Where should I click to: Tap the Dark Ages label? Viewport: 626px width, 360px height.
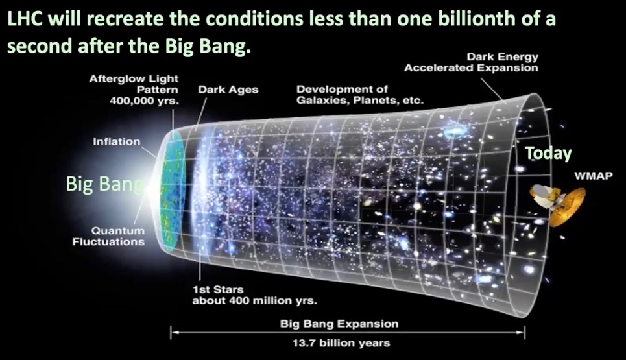pyautogui.click(x=228, y=90)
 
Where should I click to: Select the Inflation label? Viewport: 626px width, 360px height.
pyautogui.click(x=117, y=141)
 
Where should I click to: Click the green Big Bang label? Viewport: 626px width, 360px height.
pyautogui.click(x=104, y=184)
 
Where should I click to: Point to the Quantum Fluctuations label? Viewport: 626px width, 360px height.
pyautogui.click(x=108, y=236)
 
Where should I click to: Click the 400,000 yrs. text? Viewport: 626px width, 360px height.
pyautogui.click(x=144, y=101)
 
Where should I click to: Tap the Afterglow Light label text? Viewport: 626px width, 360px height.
pyautogui.click(x=134, y=78)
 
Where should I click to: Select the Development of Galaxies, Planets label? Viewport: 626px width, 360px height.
pyautogui.click(x=360, y=95)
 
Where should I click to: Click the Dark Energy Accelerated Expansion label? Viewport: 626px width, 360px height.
pyautogui.click(x=471, y=62)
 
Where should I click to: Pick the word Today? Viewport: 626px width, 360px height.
pyautogui.click(x=548, y=153)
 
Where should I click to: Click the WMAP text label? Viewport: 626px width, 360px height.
pyautogui.click(x=594, y=176)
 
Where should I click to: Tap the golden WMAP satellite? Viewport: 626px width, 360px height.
pyautogui.click(x=557, y=204)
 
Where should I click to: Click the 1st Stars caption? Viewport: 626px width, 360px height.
pyautogui.click(x=218, y=289)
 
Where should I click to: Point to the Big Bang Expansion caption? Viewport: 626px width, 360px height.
pyautogui.click(x=339, y=323)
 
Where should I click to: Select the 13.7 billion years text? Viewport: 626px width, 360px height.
pyautogui.click(x=341, y=343)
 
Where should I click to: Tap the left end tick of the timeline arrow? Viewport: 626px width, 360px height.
pyautogui.click(x=171, y=332)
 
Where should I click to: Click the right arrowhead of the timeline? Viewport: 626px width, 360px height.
pyautogui.click(x=521, y=332)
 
